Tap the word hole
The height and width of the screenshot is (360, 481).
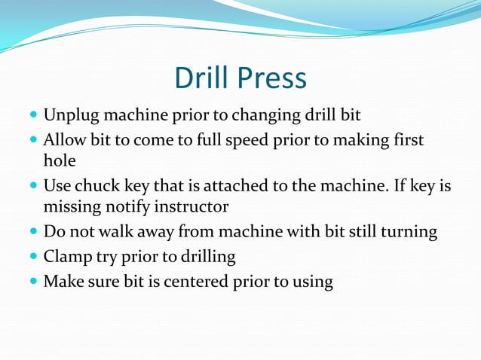tap(59, 160)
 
